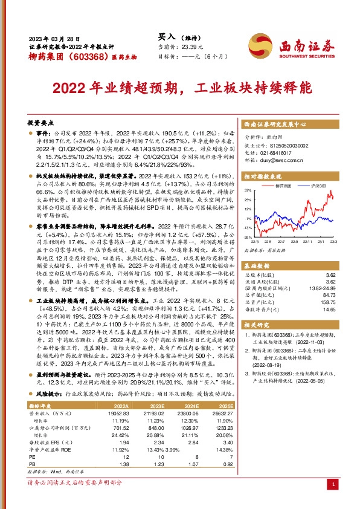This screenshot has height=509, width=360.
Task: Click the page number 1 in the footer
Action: [x=334, y=485]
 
